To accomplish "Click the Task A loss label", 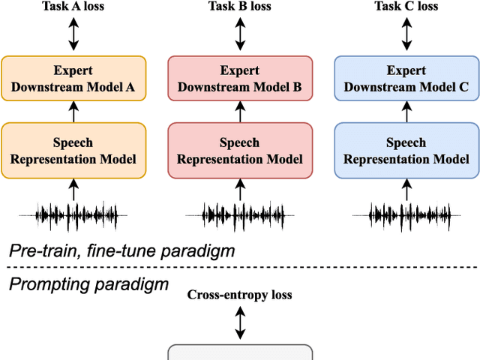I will coord(73,7).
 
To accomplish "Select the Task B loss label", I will coord(239,7).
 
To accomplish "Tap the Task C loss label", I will coord(406,7).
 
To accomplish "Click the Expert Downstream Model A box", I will coord(73,79).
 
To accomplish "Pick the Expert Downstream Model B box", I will coord(239,79).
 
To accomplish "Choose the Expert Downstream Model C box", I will coord(406,79).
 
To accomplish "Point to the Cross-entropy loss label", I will coord(239,295).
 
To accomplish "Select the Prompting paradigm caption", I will coord(88,283).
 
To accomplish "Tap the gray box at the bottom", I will coord(239,352).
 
